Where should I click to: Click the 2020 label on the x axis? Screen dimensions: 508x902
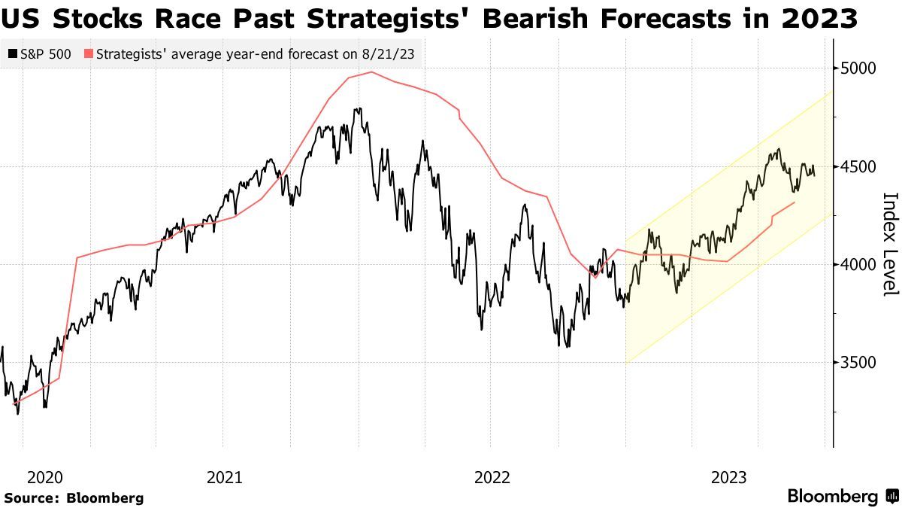pyautogui.click(x=44, y=477)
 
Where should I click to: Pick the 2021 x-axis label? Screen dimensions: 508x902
pyautogui.click(x=223, y=477)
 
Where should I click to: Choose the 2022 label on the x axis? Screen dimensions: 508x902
pyautogui.click(x=492, y=477)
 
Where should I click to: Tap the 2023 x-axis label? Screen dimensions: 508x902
pyautogui.click(x=729, y=477)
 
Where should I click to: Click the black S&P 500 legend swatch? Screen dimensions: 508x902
pyautogui.click(x=12, y=53)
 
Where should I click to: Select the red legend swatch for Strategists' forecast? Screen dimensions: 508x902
pyautogui.click(x=89, y=53)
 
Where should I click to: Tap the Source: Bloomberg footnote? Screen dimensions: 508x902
pyautogui.click(x=74, y=498)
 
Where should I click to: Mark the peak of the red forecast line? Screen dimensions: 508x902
pyautogui.click(x=371, y=72)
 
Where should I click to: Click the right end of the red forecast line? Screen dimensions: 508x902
pyautogui.click(x=795, y=202)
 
